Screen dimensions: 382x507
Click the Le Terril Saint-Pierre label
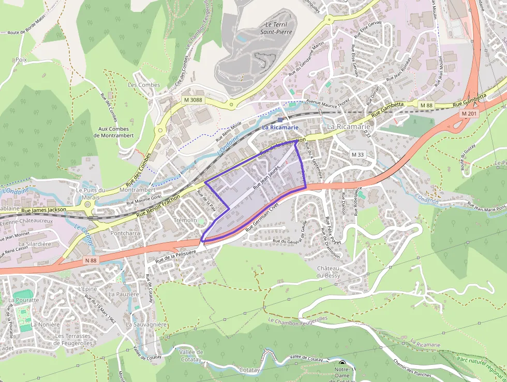278,28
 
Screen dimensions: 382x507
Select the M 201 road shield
469,114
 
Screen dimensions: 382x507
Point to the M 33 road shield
357,154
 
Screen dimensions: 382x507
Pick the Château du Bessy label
329,272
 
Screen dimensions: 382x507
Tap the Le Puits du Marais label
91,193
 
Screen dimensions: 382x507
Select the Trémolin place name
187,220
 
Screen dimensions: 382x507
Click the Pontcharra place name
125,233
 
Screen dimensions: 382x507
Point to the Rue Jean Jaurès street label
266,177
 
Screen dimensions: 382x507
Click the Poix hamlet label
21,60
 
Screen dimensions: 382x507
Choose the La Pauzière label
124,294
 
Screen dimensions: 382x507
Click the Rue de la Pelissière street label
176,254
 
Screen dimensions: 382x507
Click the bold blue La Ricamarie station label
280,127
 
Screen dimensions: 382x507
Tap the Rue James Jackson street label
43,210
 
